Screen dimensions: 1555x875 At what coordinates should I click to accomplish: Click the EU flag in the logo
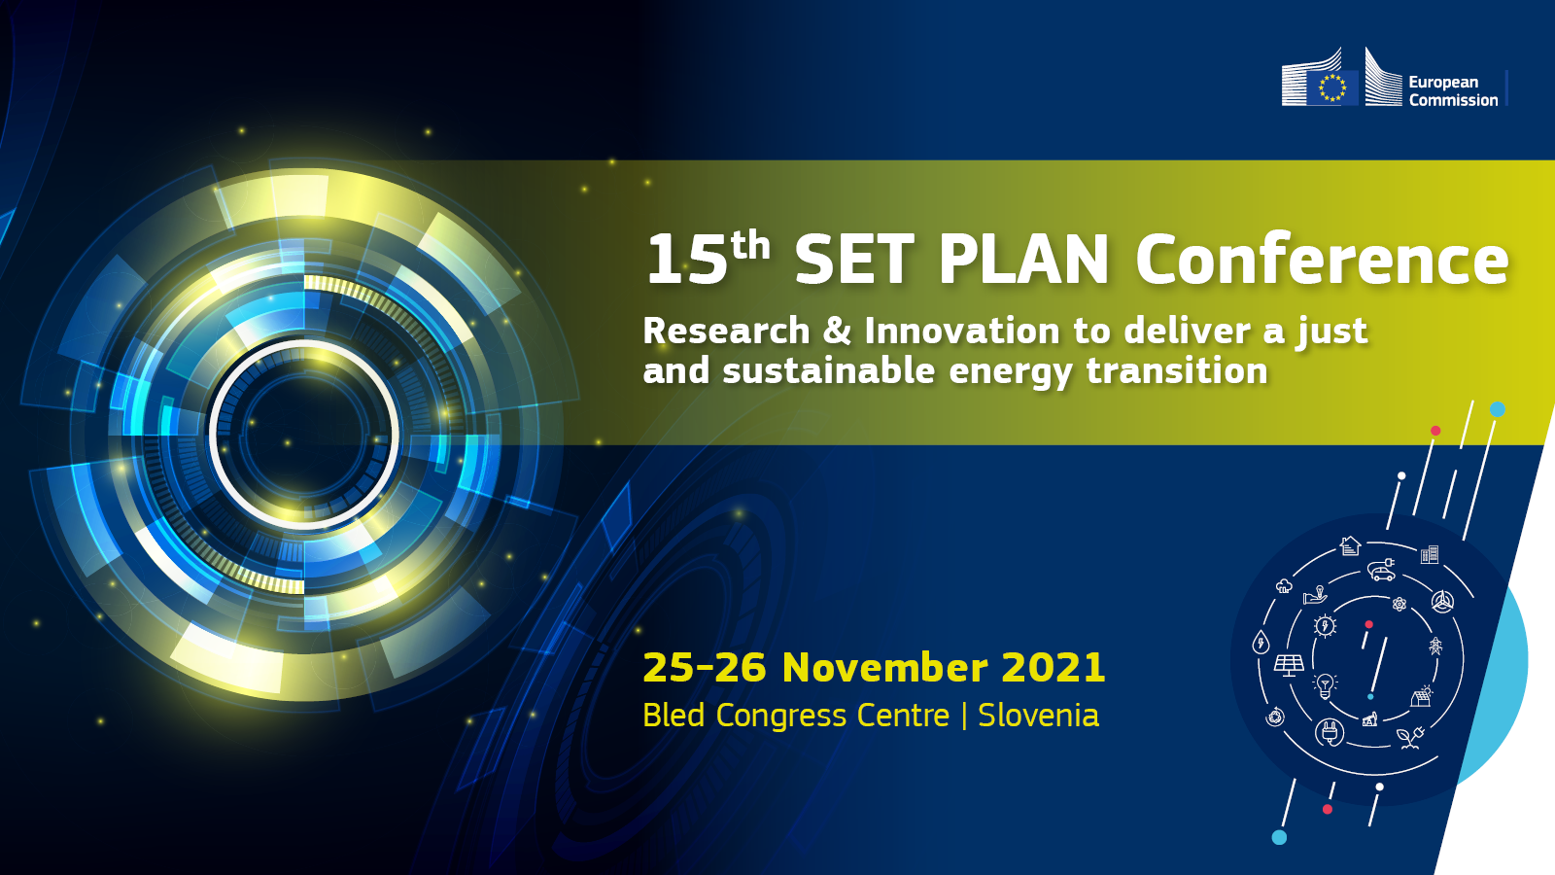(x=1332, y=88)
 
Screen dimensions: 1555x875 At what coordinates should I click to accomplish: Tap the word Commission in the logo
(x=1453, y=100)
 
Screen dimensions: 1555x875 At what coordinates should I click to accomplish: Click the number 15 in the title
(x=686, y=261)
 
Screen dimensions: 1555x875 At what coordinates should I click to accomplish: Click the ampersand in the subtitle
(x=837, y=331)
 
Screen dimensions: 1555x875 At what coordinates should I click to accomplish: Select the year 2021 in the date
(x=1054, y=667)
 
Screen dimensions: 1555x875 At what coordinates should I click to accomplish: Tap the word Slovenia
(x=1039, y=716)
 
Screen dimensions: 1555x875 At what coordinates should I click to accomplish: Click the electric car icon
(x=1381, y=570)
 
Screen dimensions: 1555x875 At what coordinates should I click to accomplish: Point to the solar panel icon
(x=1289, y=665)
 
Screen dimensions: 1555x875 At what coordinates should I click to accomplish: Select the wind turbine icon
(x=1442, y=602)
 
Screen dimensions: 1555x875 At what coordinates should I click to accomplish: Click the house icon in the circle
(x=1350, y=545)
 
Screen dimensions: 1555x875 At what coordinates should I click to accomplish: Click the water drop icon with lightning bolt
(x=1261, y=642)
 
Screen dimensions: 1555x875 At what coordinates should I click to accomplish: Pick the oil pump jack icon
(x=1369, y=719)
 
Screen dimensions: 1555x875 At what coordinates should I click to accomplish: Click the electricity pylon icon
(x=1435, y=646)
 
